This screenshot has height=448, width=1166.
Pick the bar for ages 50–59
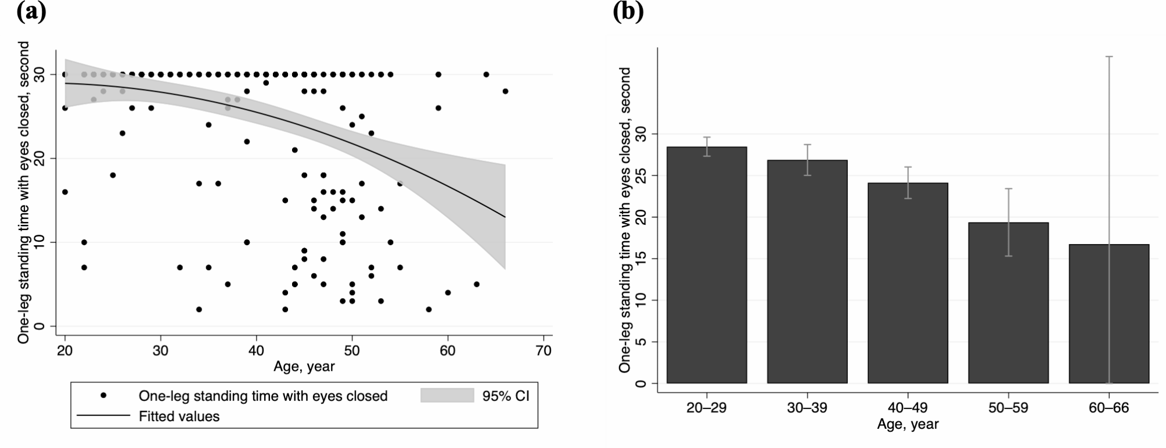pos(1008,303)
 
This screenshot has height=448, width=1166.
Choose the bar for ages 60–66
pos(1109,314)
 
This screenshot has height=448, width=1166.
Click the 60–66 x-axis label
pos(1109,408)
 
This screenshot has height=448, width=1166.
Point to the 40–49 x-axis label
pos(908,408)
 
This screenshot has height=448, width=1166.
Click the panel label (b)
pos(628,12)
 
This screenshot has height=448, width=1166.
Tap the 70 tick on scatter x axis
pos(544,351)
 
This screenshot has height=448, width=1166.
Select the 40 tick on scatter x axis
pos(256,351)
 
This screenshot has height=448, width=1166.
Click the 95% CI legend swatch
pos(447,396)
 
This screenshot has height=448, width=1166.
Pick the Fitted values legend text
pos(179,417)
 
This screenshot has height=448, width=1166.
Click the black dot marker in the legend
pos(103,396)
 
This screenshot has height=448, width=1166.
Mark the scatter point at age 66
pos(505,91)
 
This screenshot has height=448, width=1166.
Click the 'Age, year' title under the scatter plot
pos(304,367)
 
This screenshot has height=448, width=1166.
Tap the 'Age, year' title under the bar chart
pos(907,424)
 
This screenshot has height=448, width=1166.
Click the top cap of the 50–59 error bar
pos(1008,189)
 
